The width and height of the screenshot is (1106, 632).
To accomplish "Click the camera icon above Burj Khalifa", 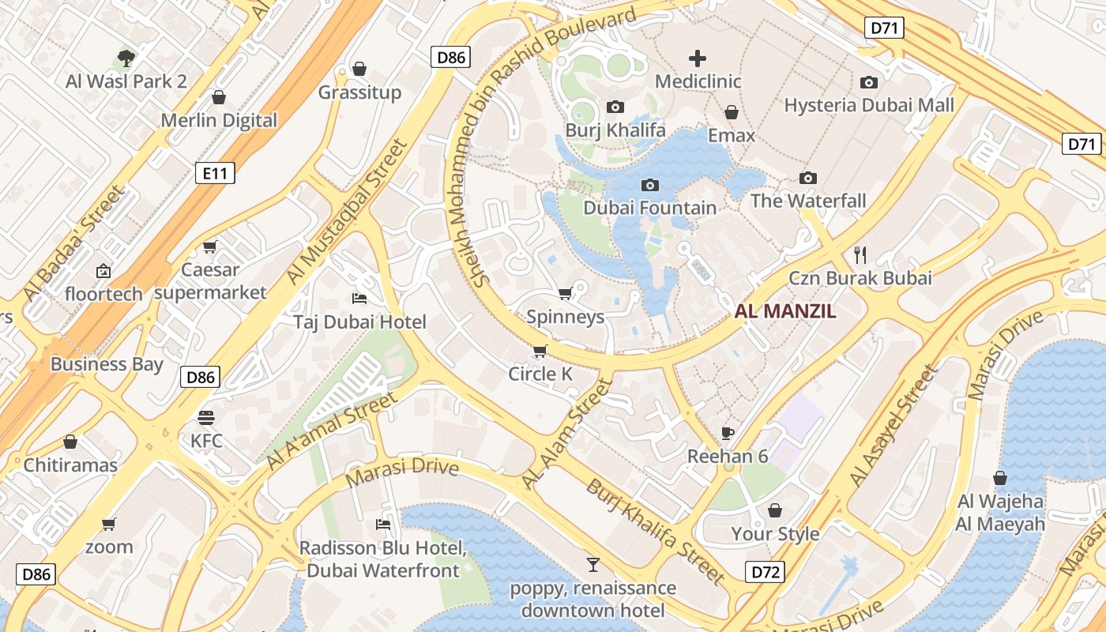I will coord(615,107).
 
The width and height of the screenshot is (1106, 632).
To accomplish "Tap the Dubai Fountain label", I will coord(649,208).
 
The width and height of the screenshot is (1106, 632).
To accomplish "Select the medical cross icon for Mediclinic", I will coord(698,58).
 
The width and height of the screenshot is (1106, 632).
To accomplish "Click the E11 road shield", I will coord(215,173).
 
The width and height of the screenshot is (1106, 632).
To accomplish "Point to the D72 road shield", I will coord(765,572).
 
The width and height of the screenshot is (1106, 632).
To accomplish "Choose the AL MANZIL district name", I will coord(785,311).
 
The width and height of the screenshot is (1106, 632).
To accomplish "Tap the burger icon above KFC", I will coord(206,417).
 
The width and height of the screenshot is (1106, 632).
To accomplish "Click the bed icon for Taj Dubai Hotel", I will coord(359,298).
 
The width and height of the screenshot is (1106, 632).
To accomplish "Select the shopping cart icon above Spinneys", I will coord(565,294).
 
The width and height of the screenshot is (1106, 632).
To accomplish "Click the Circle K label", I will coord(540,374).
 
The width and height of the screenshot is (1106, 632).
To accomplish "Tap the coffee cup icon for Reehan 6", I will coord(728,433).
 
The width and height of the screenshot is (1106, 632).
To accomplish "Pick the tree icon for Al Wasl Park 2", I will coord(126,58).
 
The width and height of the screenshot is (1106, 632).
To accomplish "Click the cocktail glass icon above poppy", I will coord(592,564).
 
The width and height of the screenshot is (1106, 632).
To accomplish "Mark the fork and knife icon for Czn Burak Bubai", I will coord(860,254).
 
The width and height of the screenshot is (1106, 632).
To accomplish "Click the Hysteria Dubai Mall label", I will coord(869,105).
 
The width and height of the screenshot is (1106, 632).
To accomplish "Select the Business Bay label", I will coord(107,364).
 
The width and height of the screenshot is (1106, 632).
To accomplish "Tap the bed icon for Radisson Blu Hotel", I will coord(383,524).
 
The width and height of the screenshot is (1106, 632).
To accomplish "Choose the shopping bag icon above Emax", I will coord(732,112).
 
